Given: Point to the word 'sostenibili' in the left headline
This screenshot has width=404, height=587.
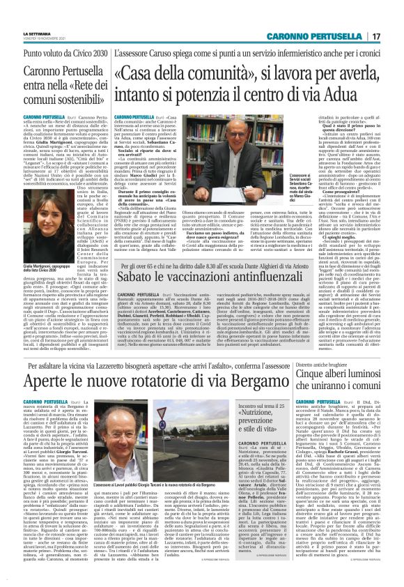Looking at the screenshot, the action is point(69,100).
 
